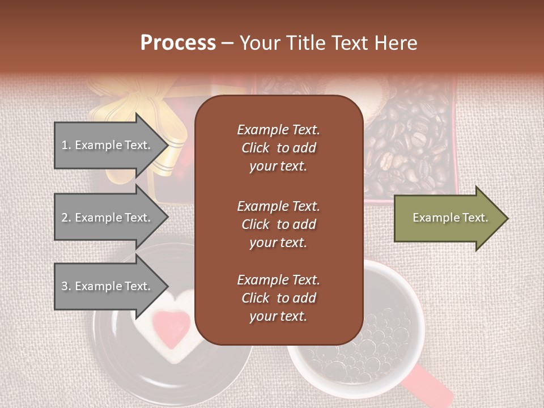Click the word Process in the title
pyautogui.click(x=178, y=43)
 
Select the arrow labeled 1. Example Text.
pyautogui.click(x=108, y=145)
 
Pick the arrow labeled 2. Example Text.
pyautogui.click(x=108, y=218)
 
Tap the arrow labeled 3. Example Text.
pyautogui.click(x=108, y=286)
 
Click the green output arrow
pyautogui.click(x=448, y=218)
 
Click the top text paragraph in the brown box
pyautogui.click(x=278, y=148)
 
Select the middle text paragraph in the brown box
pyautogui.click(x=278, y=224)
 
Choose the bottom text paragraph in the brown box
pyautogui.click(x=278, y=298)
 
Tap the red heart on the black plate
pyautogui.click(x=172, y=328)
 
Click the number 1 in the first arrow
pyautogui.click(x=65, y=145)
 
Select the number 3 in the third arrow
pyautogui.click(x=65, y=286)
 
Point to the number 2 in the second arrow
pyautogui.click(x=65, y=218)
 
